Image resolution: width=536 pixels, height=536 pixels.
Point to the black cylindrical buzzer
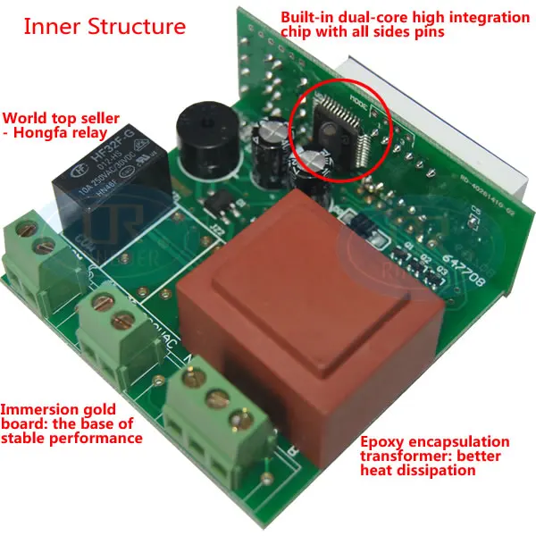(201, 134)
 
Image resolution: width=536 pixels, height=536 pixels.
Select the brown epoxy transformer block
(308, 331)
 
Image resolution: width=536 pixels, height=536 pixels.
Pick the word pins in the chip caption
(425, 32)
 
